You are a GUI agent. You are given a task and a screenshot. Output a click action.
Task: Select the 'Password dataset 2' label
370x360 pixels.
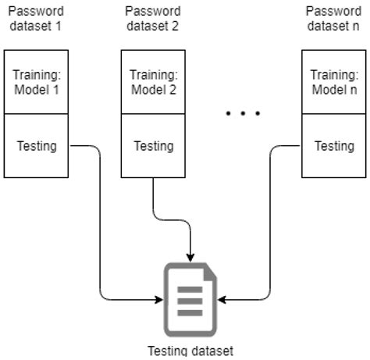tap(152, 19)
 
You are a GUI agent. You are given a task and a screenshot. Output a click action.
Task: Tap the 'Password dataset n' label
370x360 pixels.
tap(333, 19)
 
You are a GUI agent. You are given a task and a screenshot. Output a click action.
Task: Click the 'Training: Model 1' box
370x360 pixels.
tap(37, 82)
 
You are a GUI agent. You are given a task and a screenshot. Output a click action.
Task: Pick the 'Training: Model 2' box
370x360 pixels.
tap(153, 82)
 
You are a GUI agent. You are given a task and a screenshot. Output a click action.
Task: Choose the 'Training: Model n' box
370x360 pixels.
tap(333, 82)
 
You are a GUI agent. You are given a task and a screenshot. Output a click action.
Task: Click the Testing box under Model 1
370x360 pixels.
tap(37, 146)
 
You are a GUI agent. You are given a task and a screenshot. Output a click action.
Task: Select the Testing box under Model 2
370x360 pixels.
tap(153, 146)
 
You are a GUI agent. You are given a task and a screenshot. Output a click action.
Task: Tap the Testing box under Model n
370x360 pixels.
tap(333, 146)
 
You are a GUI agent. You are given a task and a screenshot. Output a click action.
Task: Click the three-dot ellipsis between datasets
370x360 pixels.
tap(242, 115)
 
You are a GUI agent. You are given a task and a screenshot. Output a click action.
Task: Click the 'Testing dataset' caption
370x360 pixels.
tap(190, 351)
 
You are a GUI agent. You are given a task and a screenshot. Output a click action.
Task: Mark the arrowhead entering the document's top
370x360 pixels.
tap(190, 257)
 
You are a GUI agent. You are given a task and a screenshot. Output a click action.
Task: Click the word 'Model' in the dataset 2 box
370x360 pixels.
tap(147, 89)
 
